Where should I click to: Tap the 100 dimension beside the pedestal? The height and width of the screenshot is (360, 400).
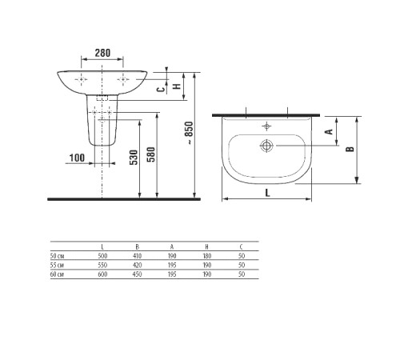[x=77, y=158]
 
